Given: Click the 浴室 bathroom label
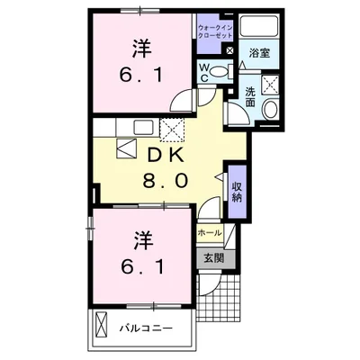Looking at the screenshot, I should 260,53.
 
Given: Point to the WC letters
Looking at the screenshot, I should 205,71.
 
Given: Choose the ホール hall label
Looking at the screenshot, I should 209,231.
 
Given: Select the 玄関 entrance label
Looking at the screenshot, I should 213,259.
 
